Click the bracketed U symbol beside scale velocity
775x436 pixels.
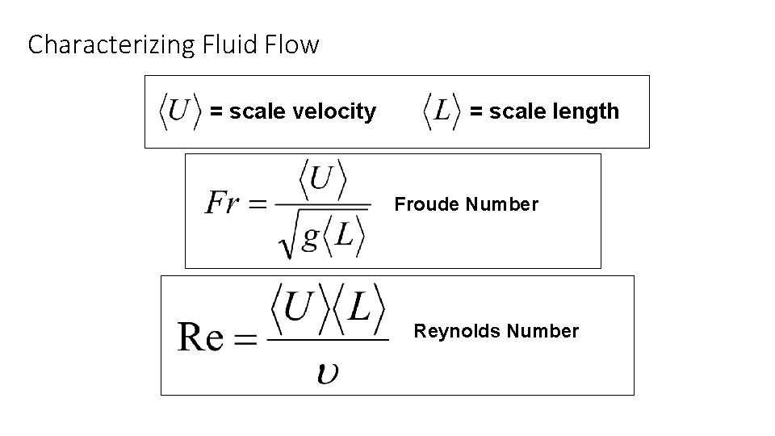[x=179, y=111]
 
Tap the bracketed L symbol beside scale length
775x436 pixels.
[x=442, y=111]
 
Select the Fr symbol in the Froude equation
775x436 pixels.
[x=222, y=203]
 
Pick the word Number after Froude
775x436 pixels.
[x=502, y=205]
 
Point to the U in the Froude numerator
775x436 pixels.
[x=320, y=178]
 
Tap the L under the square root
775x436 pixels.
[x=343, y=237]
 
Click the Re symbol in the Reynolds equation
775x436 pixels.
[x=200, y=337]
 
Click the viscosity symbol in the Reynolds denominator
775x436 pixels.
[x=328, y=372]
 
